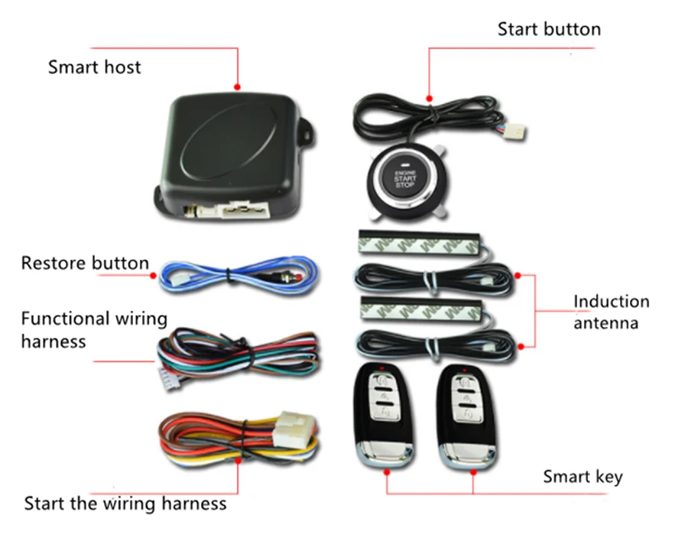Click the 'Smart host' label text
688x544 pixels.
94,66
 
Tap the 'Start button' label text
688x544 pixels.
549,29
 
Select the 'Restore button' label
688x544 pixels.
85,264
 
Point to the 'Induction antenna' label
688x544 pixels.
611,312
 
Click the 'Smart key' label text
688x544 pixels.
583,477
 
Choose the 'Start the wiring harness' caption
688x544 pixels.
125,504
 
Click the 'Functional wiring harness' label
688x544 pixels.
93,329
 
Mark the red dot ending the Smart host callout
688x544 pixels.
239,88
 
